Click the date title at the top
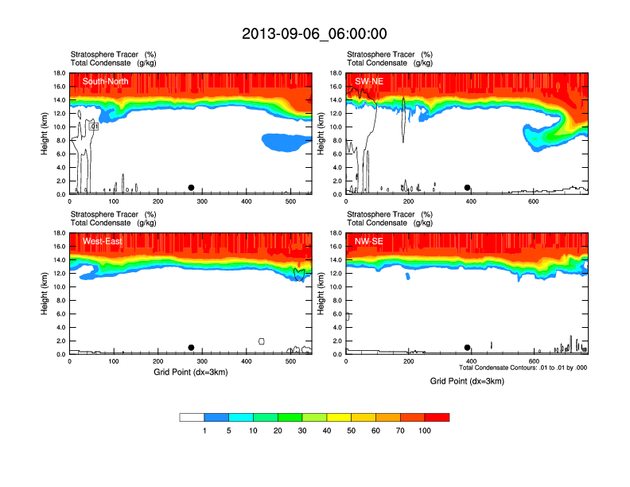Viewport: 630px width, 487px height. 314,33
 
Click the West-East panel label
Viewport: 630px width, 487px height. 102,241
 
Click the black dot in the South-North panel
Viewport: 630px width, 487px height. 191,188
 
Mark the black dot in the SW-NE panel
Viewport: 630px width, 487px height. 468,188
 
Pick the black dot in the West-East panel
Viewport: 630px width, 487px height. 191,348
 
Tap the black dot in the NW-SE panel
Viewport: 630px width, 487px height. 468,348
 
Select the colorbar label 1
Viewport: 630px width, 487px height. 204,431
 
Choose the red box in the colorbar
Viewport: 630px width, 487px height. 437,417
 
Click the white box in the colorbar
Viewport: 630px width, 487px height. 192,417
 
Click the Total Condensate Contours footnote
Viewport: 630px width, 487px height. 523,368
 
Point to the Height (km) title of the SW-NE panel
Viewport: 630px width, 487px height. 320,134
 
